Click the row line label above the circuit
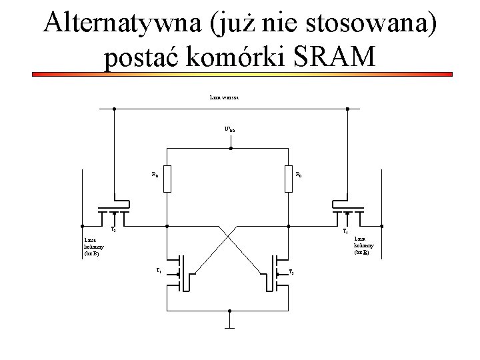tap(229, 97)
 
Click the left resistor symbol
tap(167, 177)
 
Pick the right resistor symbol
tap(289, 177)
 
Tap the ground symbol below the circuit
tap(229, 326)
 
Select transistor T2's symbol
tap(276, 272)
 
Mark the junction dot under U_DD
tap(229, 148)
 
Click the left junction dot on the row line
tap(114, 109)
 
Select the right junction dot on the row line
tap(346, 109)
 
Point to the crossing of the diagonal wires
tap(227, 237)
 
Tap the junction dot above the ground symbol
tap(229, 311)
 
